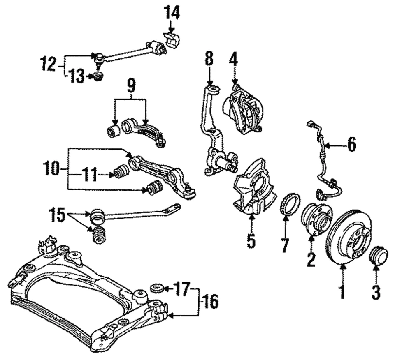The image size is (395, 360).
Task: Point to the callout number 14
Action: tap(172, 13)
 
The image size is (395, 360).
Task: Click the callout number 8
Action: tap(209, 58)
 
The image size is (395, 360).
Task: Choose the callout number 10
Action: tap(52, 169)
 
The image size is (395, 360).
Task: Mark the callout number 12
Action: tap(49, 65)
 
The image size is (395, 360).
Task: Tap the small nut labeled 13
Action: tap(98, 76)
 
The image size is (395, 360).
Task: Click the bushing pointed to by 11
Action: tap(121, 172)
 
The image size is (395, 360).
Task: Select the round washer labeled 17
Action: tap(156, 287)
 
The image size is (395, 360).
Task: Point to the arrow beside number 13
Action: tap(89, 76)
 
